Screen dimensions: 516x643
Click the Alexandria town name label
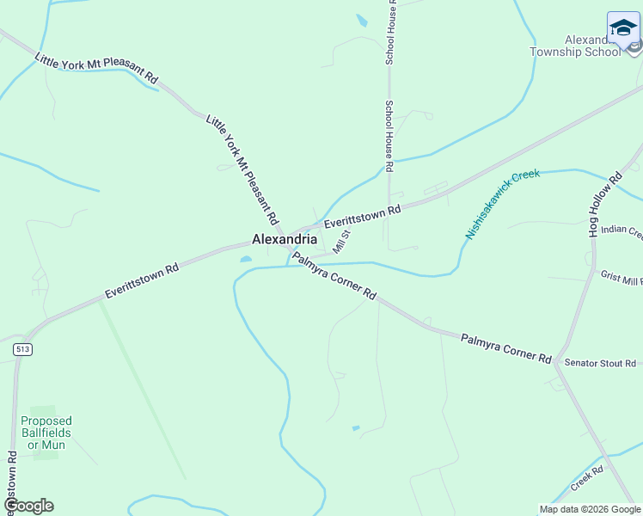pyautogui.click(x=284, y=239)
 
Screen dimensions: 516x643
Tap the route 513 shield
pyautogui.click(x=23, y=349)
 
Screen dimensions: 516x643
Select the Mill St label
pyautogui.click(x=342, y=241)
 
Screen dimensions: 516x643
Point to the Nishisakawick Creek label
pyautogui.click(x=502, y=203)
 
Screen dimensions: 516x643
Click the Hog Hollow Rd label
pyautogui.click(x=604, y=206)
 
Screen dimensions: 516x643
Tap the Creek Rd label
pyautogui.click(x=587, y=475)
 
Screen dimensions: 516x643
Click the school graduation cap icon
pyautogui.click(x=623, y=28)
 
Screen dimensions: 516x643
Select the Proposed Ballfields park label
pyautogui.click(x=46, y=433)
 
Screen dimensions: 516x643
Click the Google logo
pyautogui.click(x=28, y=506)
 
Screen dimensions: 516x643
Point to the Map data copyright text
pyautogui.click(x=590, y=509)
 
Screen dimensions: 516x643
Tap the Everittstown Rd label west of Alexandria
pyautogui.click(x=142, y=280)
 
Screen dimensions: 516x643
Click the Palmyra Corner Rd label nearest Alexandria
pyautogui.click(x=334, y=275)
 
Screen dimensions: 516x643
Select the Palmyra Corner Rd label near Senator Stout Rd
pyautogui.click(x=505, y=347)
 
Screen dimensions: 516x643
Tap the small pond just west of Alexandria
pyautogui.click(x=246, y=258)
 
